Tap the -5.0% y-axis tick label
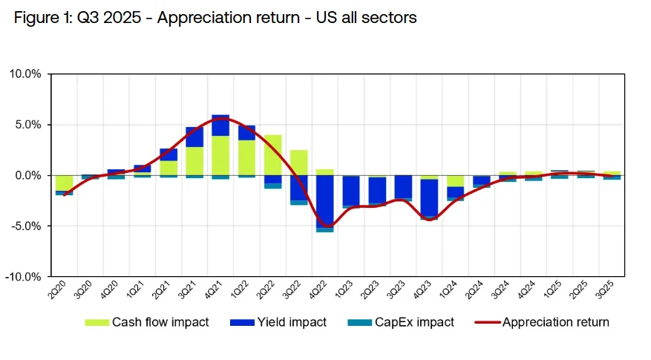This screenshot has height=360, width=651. [27, 226]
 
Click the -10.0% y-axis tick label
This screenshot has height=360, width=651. [26, 276]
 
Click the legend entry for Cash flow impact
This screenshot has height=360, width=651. [146, 322]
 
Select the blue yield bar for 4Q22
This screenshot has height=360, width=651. [325, 201]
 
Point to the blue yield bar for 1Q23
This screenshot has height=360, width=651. [351, 191]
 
